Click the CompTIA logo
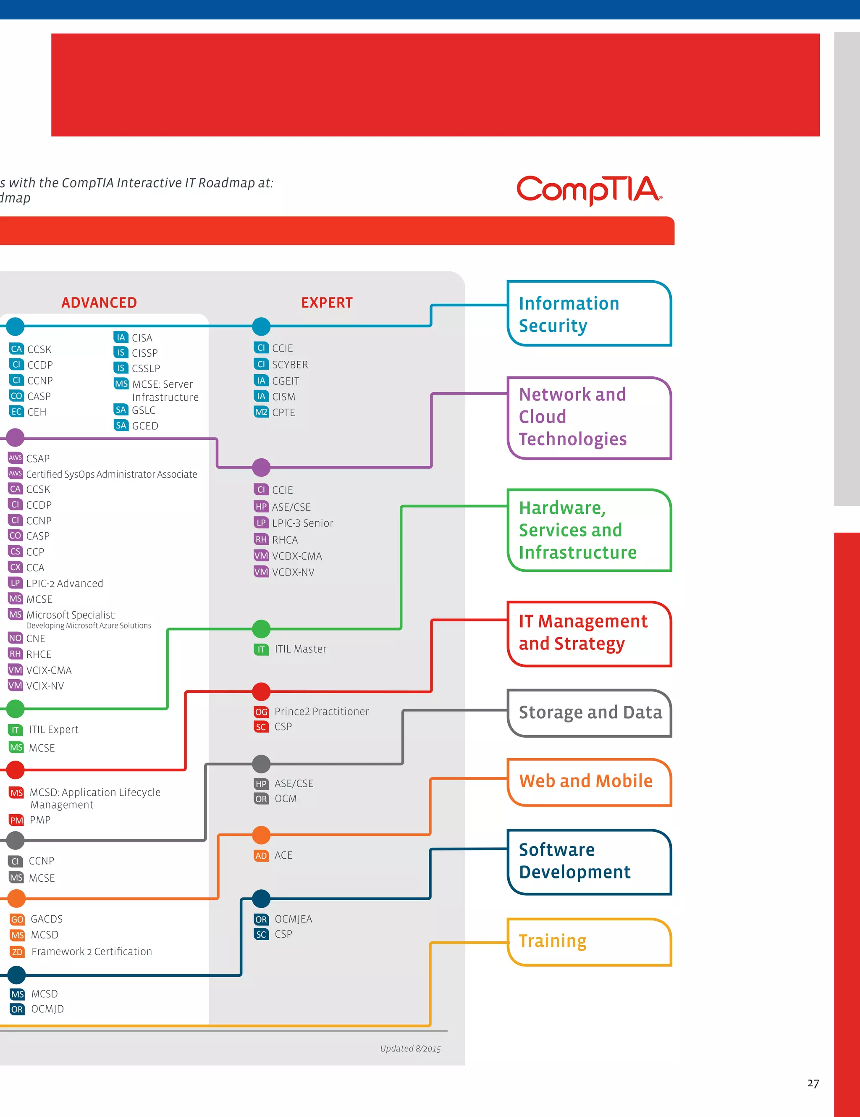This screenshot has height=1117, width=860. (x=589, y=190)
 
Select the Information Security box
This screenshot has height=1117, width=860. (x=589, y=313)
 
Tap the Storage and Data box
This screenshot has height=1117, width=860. (x=590, y=712)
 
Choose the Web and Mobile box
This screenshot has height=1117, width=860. (x=589, y=781)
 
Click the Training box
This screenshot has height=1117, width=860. (x=589, y=941)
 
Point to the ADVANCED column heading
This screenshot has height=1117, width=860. (x=99, y=303)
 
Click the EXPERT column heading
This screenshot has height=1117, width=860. (x=327, y=303)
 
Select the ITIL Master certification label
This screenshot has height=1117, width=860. (x=300, y=649)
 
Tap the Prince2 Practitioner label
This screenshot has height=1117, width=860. (x=321, y=712)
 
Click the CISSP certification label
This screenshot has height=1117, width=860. (x=145, y=353)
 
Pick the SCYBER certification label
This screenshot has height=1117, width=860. (x=290, y=365)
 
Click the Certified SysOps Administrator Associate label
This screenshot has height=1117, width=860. (x=111, y=474)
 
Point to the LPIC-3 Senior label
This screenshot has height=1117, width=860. (x=302, y=523)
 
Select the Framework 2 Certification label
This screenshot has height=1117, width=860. (x=92, y=951)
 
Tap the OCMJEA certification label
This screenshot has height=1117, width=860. (x=293, y=919)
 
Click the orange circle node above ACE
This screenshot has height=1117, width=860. (x=261, y=835)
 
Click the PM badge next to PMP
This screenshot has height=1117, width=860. (x=16, y=820)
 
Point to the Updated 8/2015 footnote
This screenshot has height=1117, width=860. (x=410, y=1049)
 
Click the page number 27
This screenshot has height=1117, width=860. (x=813, y=1083)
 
